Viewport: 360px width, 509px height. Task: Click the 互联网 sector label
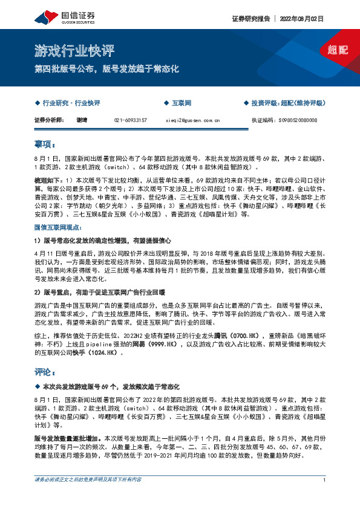click(x=181, y=103)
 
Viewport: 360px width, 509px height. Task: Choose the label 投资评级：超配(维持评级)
click(x=286, y=103)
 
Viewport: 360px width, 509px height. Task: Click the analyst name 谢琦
click(x=82, y=120)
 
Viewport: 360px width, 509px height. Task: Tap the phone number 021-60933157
click(x=131, y=120)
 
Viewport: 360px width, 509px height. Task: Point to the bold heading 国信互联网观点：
click(x=58, y=227)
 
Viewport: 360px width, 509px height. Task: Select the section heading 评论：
click(x=45, y=371)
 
